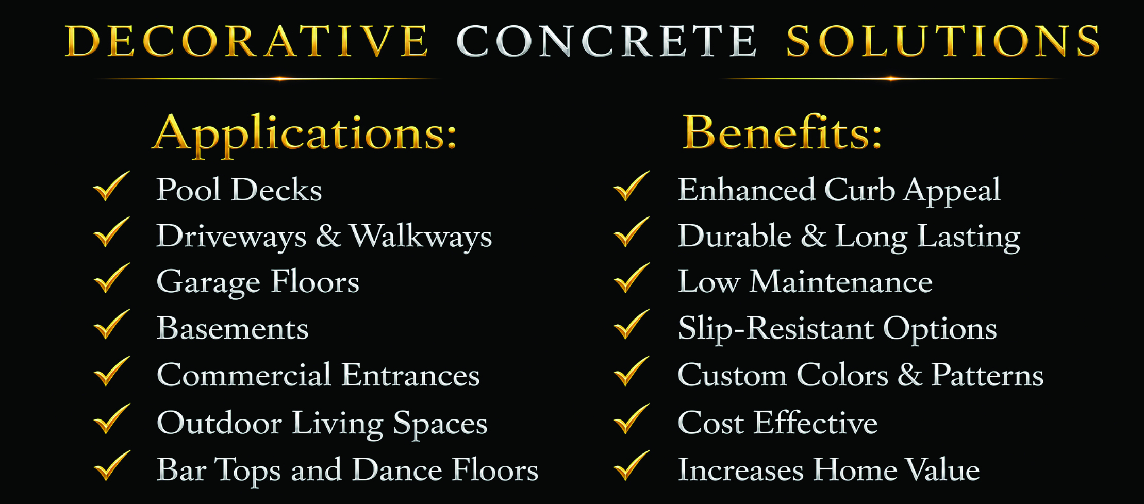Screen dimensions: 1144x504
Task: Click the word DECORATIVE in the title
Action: pyautogui.click(x=247, y=41)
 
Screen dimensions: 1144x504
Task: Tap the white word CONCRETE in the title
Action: pyautogui.click(x=607, y=41)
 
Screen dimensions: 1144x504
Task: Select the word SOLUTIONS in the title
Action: pyautogui.click(x=943, y=41)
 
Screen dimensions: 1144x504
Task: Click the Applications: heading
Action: pyautogui.click(x=305, y=135)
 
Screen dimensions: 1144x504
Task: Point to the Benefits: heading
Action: pyautogui.click(x=782, y=132)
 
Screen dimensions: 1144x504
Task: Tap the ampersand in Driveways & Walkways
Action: pyautogui.click(x=328, y=236)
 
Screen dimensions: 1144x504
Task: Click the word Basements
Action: pyautogui.click(x=233, y=328)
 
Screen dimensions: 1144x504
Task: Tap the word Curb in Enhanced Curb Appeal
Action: pyautogui.click(x=859, y=190)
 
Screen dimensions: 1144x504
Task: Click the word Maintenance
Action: pyautogui.click(x=841, y=282)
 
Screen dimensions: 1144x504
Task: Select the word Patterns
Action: pyautogui.click(x=987, y=375)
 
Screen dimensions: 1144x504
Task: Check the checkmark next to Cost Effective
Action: pyautogui.click(x=632, y=418)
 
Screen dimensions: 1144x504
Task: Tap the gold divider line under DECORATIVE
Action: pyautogui.click(x=268, y=79)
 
